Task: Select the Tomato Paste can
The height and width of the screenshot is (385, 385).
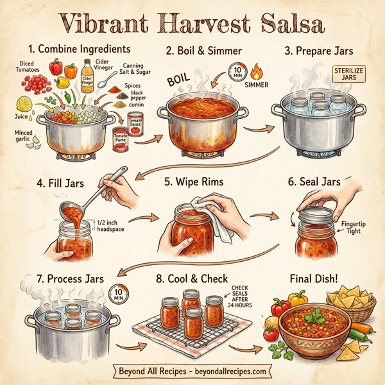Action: (x=120, y=139)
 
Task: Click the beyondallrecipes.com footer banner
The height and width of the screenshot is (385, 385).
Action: (x=192, y=371)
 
